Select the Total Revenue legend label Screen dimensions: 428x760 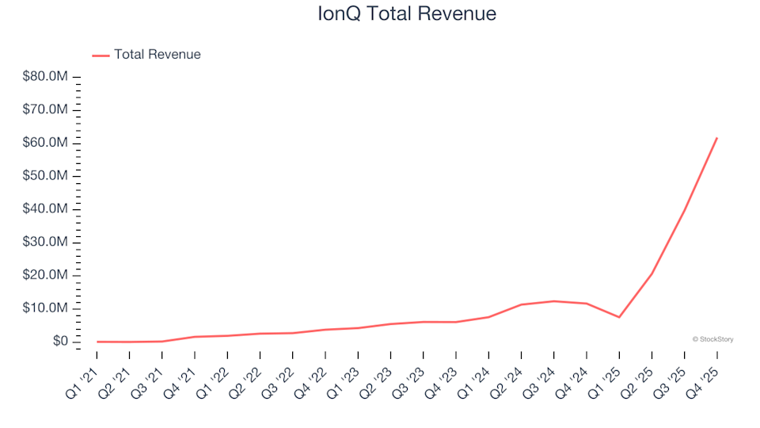pyautogui.click(x=157, y=55)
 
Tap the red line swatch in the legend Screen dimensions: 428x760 pyautogui.click(x=101, y=55)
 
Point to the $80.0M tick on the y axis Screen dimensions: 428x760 pyautogui.click(x=47, y=77)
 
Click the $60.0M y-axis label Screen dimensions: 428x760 pyautogui.click(x=47, y=143)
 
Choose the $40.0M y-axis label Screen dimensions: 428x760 pyautogui.click(x=47, y=209)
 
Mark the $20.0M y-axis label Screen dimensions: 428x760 pyautogui.click(x=47, y=275)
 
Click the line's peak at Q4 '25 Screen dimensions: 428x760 pyautogui.click(x=716, y=138)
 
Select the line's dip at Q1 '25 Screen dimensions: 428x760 pyautogui.click(x=619, y=317)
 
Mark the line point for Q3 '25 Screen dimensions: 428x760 pyautogui.click(x=684, y=210)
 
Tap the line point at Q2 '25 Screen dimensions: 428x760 pyautogui.click(x=652, y=273)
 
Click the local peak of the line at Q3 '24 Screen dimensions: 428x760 pyautogui.click(x=553, y=301)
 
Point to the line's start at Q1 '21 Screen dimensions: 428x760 pyautogui.click(x=97, y=342)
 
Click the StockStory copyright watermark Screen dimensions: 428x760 pyautogui.click(x=712, y=339)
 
